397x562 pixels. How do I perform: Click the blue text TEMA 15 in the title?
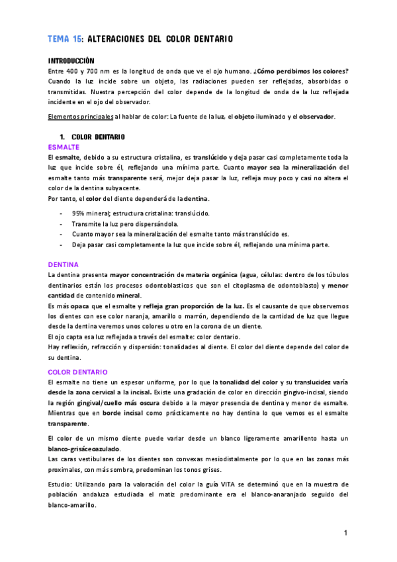click(x=66, y=40)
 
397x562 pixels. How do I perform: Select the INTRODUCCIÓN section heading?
click(x=71, y=60)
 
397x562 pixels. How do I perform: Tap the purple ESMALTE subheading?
click(x=64, y=146)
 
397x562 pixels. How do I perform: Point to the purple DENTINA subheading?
click(x=64, y=264)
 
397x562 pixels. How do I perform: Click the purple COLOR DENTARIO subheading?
click(x=78, y=372)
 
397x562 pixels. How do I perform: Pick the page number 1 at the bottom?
click(x=345, y=533)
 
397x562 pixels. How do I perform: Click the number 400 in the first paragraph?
click(x=73, y=71)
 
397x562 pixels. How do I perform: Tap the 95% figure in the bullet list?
click(x=79, y=213)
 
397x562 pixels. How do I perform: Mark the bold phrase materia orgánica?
click(x=213, y=274)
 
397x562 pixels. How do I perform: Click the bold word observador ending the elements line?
click(x=312, y=117)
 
